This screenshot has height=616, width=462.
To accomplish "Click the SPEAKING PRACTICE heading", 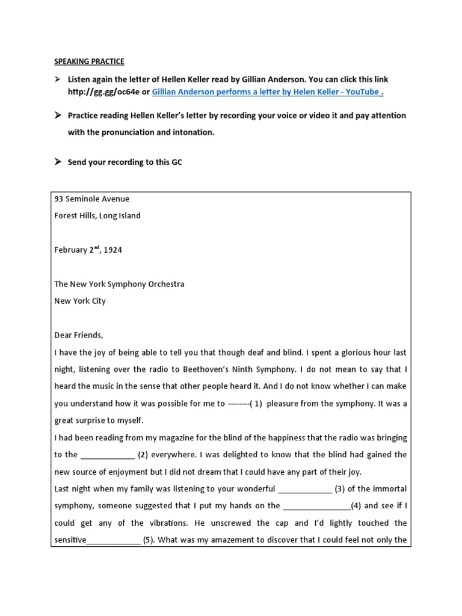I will [90, 61].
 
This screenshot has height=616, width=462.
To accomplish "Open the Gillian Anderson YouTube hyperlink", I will [266, 91].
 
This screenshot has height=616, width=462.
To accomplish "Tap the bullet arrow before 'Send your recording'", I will [58, 162].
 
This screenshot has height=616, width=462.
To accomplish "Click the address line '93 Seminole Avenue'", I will [92, 199].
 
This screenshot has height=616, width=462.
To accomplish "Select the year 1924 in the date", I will [112, 250].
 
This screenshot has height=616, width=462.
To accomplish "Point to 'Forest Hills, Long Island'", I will [97, 215].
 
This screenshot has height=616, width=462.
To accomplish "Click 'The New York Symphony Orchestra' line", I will [119, 284].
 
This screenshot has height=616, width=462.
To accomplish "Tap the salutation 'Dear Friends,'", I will [79, 335].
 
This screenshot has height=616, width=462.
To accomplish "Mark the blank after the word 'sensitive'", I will [114, 540].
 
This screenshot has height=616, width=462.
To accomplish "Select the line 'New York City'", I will [80, 301].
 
